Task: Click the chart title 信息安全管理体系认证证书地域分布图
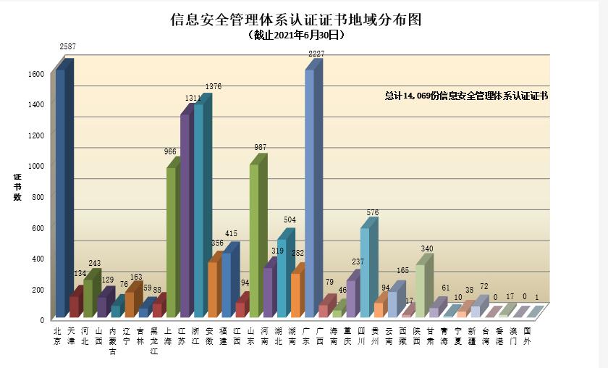pyautogui.click(x=295, y=20)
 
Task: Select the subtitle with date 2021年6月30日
pyautogui.click(x=295, y=35)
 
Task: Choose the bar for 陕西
pyautogui.click(x=421, y=290)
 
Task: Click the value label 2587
pyautogui.click(x=68, y=47)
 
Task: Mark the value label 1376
pyautogui.click(x=213, y=87)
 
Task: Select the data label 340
pyautogui.click(x=428, y=249)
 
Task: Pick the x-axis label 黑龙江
pyautogui.click(x=153, y=341)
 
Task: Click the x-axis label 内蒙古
pyautogui.click(x=112, y=341)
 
